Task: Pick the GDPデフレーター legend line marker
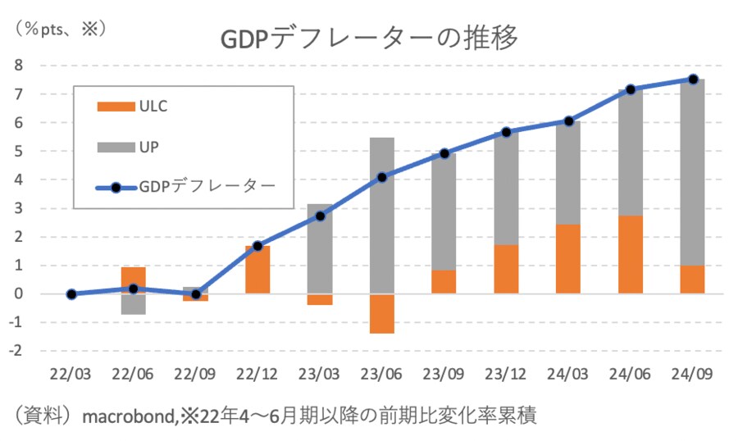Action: coord(116,187)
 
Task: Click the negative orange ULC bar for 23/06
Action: coord(381,313)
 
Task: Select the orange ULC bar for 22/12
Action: coord(257,270)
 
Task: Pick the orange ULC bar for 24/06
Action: coord(630,254)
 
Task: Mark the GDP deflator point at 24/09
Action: coord(692,80)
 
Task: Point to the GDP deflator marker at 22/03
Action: coord(71,293)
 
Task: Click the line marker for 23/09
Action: coord(444,153)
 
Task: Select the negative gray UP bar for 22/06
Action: coord(134,304)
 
